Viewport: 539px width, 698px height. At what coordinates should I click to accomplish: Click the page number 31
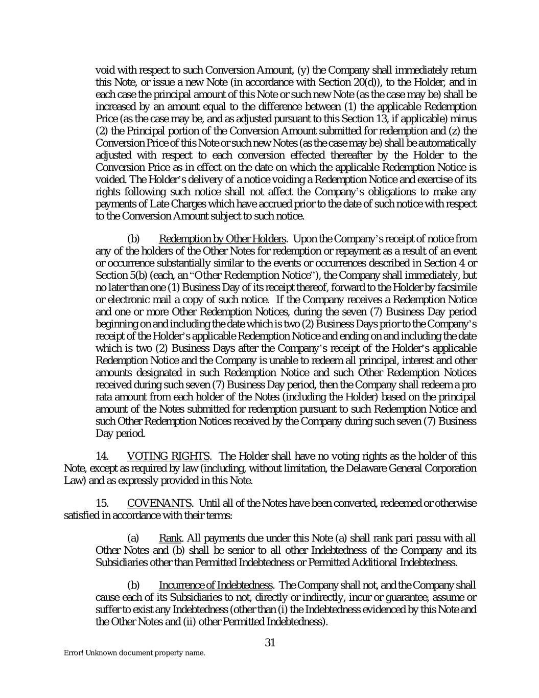click(270, 643)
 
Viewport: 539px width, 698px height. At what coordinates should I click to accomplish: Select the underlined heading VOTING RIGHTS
click(168, 456)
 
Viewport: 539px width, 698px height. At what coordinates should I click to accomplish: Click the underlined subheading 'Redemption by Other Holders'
click(222, 239)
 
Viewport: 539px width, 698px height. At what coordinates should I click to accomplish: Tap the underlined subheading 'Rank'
click(167, 538)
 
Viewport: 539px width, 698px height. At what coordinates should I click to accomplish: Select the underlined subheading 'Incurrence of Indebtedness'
click(215, 585)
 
